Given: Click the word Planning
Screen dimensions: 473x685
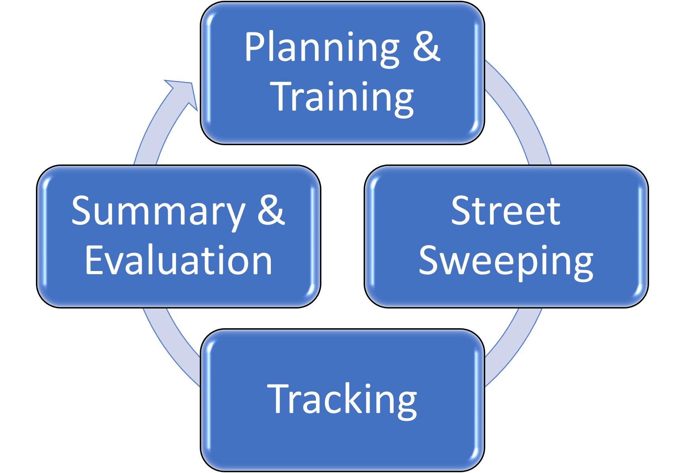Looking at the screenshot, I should (x=322, y=48).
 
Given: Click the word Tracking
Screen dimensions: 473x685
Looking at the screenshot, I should (x=342, y=400).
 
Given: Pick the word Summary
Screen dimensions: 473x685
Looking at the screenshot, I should (x=158, y=212).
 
